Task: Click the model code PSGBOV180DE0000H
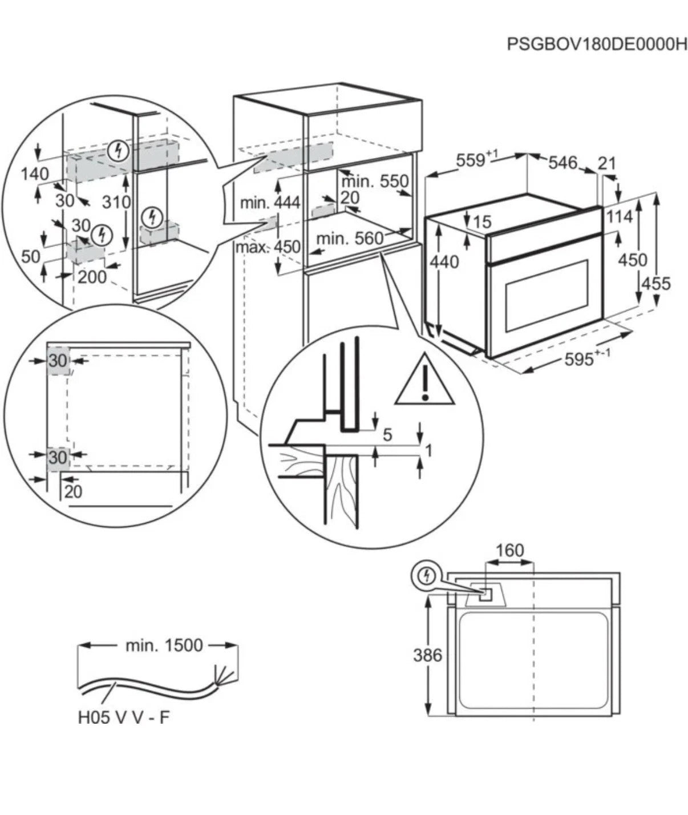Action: click(596, 45)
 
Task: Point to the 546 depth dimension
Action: click(563, 163)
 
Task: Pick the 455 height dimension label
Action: click(656, 283)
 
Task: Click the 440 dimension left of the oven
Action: click(444, 261)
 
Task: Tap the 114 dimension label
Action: click(620, 217)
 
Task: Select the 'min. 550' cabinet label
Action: click(375, 181)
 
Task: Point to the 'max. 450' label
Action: click(268, 247)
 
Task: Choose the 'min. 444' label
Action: click(270, 202)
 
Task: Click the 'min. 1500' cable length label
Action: click(164, 645)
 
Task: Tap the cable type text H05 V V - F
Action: click(124, 717)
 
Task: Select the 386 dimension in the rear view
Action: click(427, 655)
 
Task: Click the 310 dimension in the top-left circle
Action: click(117, 201)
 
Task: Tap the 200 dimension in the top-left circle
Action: click(92, 277)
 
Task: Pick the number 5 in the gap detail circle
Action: click(387, 435)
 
